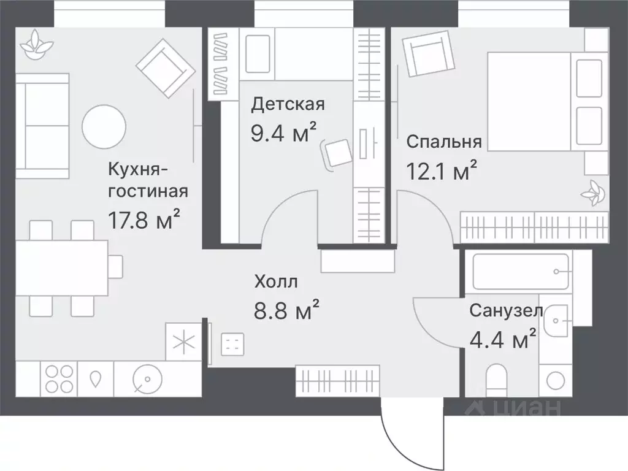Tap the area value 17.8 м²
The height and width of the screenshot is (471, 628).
coord(144,219)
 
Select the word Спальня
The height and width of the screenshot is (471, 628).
coord(444,142)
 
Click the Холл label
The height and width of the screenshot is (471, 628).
coord(276,282)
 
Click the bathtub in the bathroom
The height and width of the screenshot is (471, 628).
coord(521,271)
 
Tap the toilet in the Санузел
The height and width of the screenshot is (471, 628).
coord(496,380)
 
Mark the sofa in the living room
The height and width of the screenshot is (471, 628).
coord(42,126)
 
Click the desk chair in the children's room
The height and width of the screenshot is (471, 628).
coord(339,152)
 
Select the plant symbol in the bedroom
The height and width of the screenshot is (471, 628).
coord(593,193)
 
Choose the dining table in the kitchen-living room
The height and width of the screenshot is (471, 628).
coord(61,267)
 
